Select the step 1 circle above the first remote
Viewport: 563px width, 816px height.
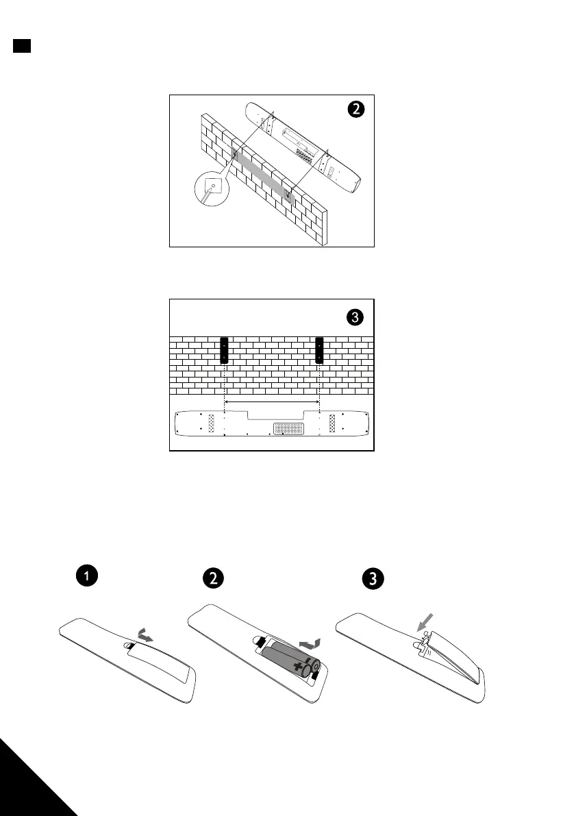86,578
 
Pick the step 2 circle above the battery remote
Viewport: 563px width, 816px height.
214,578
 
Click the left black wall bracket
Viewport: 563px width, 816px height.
224,351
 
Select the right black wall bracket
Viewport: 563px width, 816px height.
319,351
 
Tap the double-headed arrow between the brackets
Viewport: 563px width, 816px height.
272,402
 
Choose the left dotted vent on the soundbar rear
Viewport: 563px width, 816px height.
211,423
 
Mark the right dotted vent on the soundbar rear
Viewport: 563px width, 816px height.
333,423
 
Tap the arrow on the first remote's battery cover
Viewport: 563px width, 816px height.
145,636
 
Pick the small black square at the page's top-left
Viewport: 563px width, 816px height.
21,46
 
